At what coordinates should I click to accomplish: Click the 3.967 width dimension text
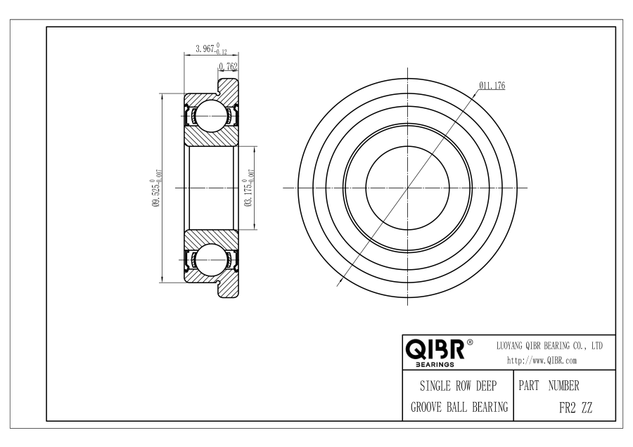click(x=211, y=48)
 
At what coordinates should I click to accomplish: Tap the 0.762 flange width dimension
click(x=228, y=67)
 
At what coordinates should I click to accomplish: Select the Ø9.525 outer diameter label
click(x=157, y=188)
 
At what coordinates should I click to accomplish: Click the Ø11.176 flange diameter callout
click(x=492, y=86)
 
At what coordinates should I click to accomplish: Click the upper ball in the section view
click(x=209, y=116)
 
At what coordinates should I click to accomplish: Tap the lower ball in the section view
click(x=209, y=259)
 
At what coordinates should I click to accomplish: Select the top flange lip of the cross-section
click(x=229, y=86)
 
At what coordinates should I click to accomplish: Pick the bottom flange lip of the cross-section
click(x=229, y=290)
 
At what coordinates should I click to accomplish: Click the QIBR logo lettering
click(x=435, y=349)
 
